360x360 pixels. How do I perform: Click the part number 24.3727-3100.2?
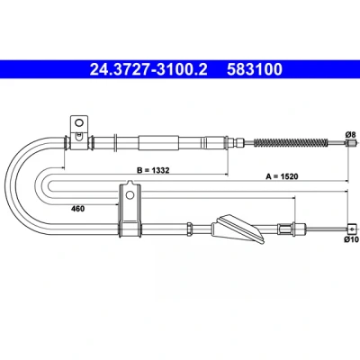(148, 69)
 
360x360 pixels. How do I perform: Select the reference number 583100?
(255, 69)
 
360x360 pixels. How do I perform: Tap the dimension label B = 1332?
(153, 170)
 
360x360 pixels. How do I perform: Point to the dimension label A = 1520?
(282, 176)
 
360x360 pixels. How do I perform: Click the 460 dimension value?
(77, 209)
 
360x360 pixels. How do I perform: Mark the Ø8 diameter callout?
(350, 135)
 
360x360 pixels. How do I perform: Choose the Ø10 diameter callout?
(352, 239)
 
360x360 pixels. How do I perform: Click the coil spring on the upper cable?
(291, 142)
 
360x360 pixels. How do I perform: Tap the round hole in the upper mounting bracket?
(79, 123)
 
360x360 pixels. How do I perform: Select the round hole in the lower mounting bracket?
(130, 195)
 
